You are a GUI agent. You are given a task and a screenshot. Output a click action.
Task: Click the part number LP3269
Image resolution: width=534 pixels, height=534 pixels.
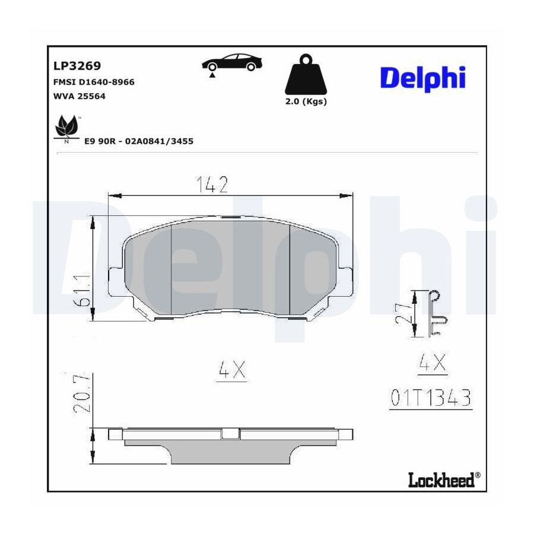(77, 66)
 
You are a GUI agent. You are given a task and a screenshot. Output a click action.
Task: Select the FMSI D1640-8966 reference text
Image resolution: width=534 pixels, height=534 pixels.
(94, 82)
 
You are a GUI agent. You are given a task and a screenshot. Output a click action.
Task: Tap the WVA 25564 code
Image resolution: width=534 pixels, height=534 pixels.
(80, 96)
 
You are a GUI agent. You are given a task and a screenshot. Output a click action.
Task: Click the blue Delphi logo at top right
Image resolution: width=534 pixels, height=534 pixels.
(422, 80)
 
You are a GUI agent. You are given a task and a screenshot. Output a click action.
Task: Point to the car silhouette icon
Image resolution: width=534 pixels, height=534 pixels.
(232, 63)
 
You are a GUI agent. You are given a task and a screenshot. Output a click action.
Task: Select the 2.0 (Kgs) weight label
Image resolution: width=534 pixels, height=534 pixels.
(306, 101)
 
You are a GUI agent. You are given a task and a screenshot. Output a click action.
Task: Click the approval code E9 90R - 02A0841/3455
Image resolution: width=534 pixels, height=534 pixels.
(139, 141)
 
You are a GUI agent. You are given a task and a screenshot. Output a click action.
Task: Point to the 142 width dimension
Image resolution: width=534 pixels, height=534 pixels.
(212, 185)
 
